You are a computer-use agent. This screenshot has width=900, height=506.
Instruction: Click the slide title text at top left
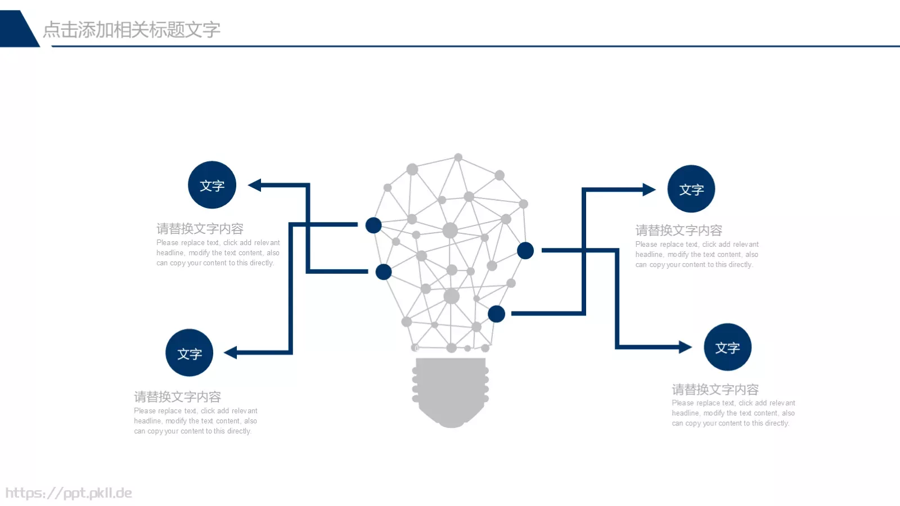[132, 30]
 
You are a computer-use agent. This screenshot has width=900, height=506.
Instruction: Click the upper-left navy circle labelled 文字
[212, 185]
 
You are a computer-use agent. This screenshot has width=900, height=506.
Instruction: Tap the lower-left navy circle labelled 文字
[190, 353]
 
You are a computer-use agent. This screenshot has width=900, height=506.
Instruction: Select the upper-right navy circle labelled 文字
[691, 189]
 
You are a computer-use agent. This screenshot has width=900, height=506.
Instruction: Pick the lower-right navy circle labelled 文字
[727, 347]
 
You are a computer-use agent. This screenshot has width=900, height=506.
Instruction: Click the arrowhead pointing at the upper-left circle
[255, 185]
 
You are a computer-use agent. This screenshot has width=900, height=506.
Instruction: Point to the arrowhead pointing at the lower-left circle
[231, 353]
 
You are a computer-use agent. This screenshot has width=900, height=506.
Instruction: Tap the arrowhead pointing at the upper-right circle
[649, 189]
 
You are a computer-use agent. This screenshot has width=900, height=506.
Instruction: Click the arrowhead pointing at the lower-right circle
[685, 347]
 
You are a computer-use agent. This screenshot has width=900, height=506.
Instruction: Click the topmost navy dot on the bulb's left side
[373, 225]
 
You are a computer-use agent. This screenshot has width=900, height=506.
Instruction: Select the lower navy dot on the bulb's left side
[384, 272]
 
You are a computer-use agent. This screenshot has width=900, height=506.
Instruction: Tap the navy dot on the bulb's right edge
[525, 251]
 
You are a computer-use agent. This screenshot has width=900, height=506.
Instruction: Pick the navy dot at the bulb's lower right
[496, 314]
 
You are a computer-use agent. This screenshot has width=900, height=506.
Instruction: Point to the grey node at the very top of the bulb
[458, 157]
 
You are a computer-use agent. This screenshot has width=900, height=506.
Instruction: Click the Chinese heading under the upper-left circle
[200, 229]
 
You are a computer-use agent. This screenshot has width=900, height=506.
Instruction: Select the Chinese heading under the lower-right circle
[715, 390]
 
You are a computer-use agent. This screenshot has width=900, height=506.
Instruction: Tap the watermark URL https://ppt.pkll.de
[69, 493]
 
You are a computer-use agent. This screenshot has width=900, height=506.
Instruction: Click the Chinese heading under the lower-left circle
[177, 397]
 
